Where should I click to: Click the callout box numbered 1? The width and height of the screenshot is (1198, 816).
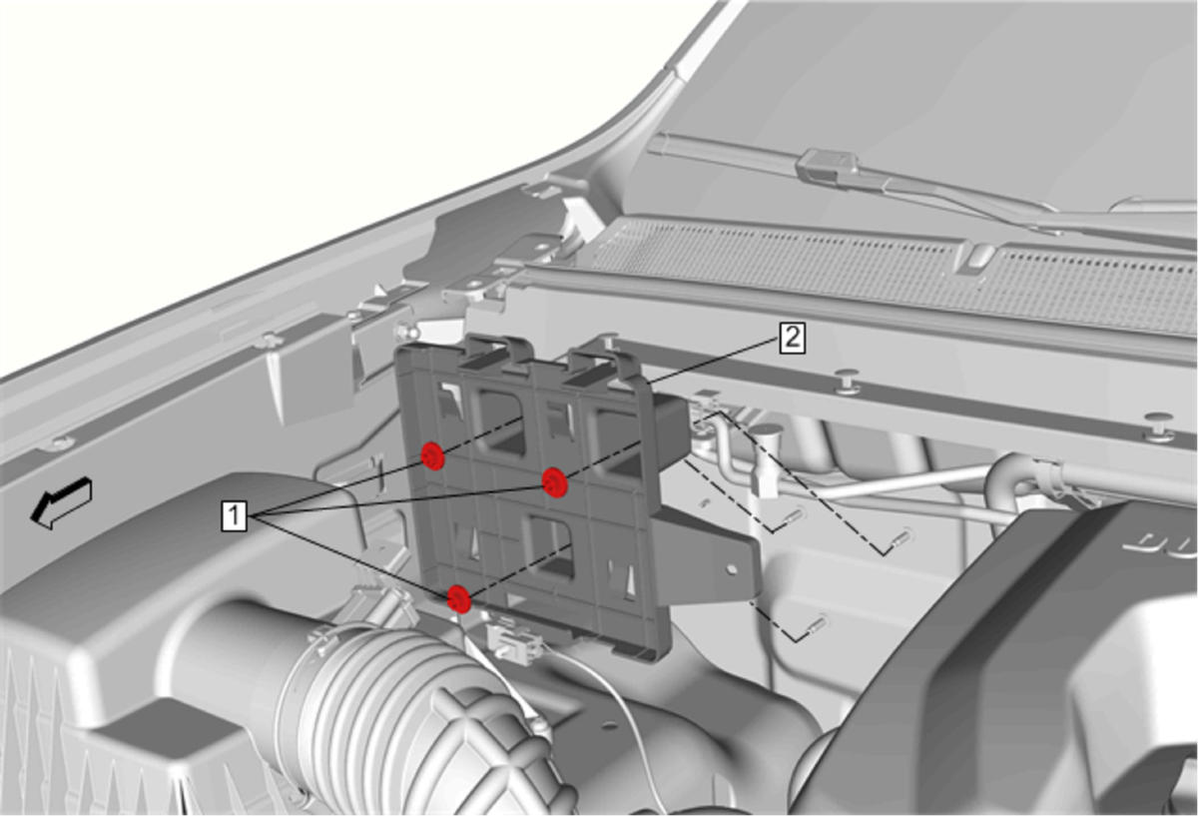pyautogui.click(x=234, y=515)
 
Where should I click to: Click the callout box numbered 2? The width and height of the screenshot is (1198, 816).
pyautogui.click(x=792, y=339)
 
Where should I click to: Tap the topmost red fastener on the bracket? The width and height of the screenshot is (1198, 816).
pyautogui.click(x=432, y=455)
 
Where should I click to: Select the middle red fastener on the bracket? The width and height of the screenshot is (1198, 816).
pyautogui.click(x=555, y=482)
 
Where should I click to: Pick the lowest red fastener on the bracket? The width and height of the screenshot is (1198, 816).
pyautogui.click(x=459, y=598)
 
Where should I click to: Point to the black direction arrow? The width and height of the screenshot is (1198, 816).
pyautogui.click(x=62, y=502)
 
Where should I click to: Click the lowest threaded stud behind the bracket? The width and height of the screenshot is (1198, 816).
pyautogui.click(x=818, y=624)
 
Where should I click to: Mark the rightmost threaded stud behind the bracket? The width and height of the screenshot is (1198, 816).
pyautogui.click(x=901, y=536)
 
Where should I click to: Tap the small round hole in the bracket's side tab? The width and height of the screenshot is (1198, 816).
pyautogui.click(x=732, y=569)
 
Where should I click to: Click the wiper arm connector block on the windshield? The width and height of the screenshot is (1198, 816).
pyautogui.click(x=826, y=167)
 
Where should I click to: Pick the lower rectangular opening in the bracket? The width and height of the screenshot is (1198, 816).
pyautogui.click(x=551, y=545)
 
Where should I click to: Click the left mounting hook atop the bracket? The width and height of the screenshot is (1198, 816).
pyautogui.click(x=495, y=355)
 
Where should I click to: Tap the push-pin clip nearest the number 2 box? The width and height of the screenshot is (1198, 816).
pyautogui.click(x=845, y=382)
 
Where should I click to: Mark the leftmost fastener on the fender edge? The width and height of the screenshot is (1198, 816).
pyautogui.click(x=60, y=442)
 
